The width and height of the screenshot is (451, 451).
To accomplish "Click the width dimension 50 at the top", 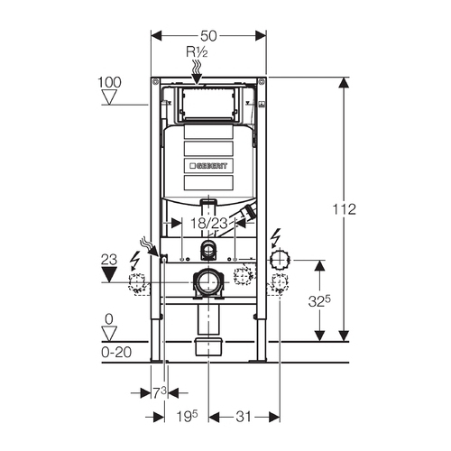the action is (x=208, y=36).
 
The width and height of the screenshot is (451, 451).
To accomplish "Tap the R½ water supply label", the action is (x=197, y=52).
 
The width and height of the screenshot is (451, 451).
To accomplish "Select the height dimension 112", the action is (x=344, y=209).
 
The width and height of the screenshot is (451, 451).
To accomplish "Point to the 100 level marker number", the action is (x=109, y=82).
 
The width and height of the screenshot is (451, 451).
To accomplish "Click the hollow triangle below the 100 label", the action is (x=109, y=97).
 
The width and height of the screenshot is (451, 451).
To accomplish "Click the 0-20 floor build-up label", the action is (x=116, y=352).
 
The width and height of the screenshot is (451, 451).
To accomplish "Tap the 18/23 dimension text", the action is (x=209, y=224).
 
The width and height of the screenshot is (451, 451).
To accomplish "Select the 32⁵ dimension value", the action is (x=319, y=301).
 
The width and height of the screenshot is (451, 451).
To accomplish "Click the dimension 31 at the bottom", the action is (x=244, y=417).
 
